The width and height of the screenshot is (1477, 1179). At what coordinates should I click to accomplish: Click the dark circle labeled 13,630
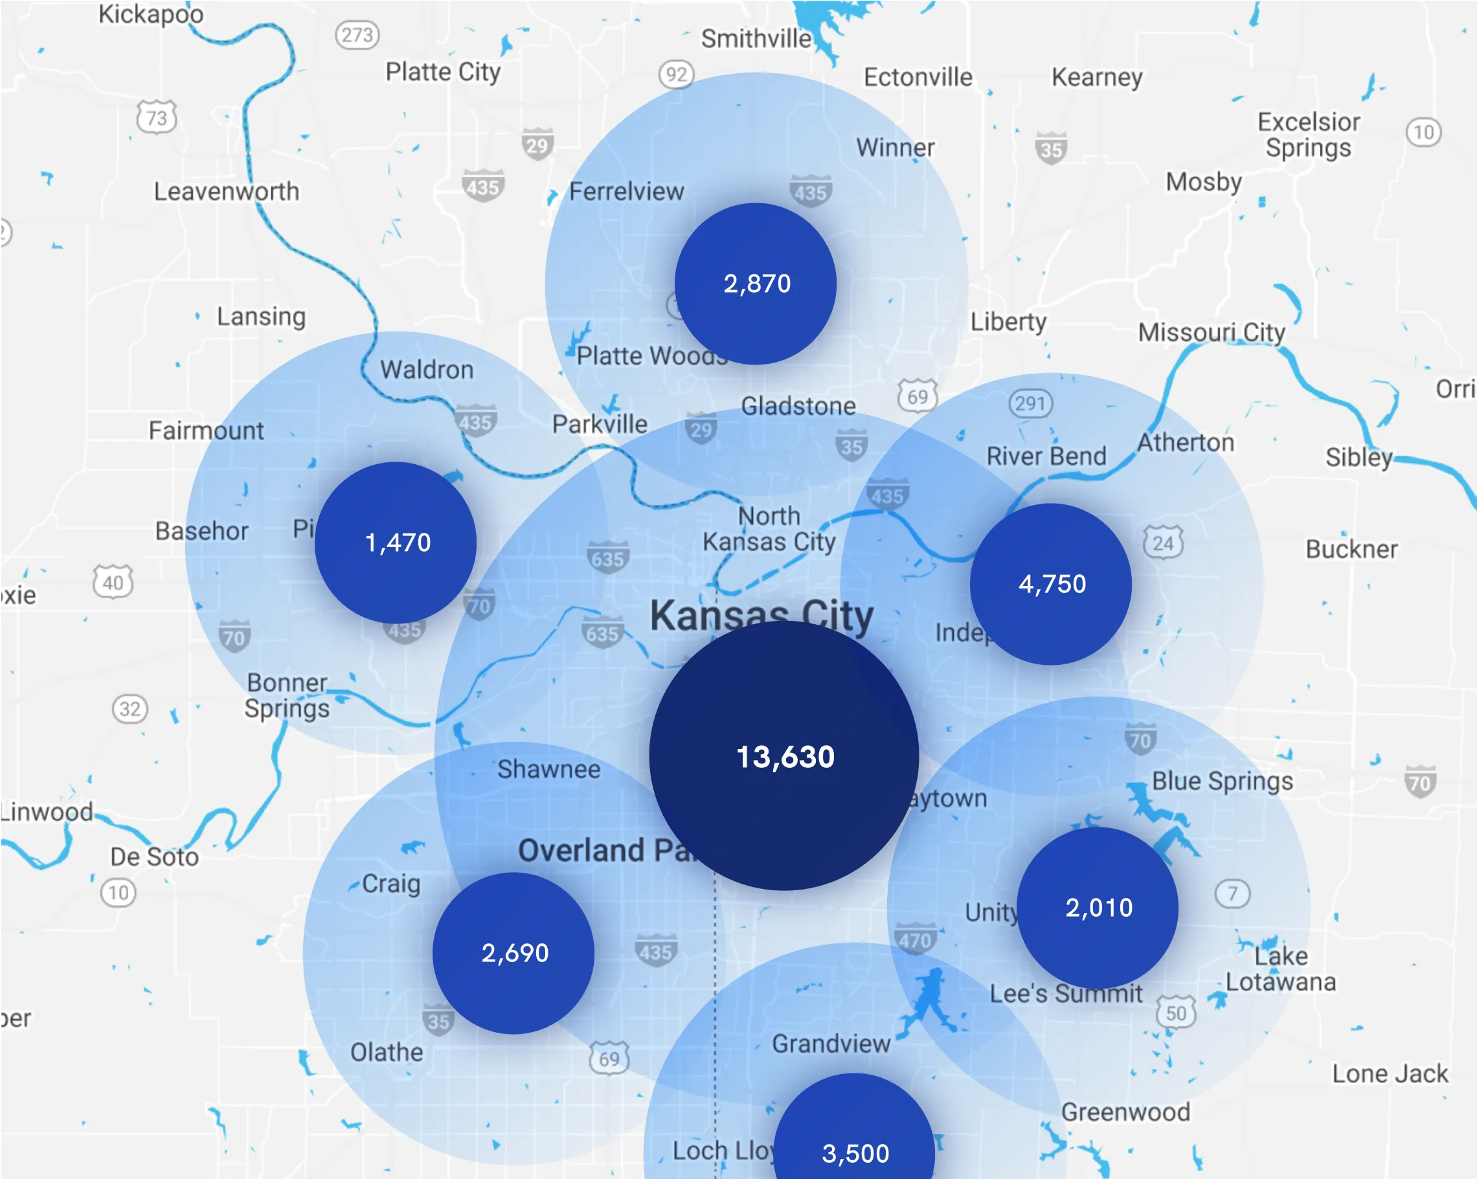(x=784, y=755)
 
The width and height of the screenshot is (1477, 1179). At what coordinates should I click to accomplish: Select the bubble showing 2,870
(x=756, y=284)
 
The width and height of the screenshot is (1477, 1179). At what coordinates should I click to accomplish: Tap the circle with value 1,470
(x=396, y=543)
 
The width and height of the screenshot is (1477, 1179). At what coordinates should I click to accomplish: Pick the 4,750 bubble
(x=1051, y=584)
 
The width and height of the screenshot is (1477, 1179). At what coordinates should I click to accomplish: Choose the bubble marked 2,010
(x=1098, y=907)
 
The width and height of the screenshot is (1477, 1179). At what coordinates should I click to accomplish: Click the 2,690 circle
(x=513, y=952)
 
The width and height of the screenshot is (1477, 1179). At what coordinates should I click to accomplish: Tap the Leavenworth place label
(x=226, y=191)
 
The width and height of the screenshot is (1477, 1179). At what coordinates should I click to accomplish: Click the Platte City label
(x=442, y=72)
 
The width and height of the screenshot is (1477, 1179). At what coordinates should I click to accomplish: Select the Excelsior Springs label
(x=1309, y=135)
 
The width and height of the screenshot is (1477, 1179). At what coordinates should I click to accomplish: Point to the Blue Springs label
(x=1222, y=781)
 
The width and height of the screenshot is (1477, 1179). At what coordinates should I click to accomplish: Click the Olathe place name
(x=387, y=1051)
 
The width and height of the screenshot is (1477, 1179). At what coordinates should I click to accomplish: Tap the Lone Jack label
(x=1390, y=1073)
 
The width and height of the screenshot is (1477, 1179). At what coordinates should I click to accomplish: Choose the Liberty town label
(x=1008, y=322)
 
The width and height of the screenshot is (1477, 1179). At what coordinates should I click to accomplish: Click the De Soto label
(x=155, y=857)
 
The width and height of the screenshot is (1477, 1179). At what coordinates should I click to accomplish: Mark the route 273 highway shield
(x=357, y=35)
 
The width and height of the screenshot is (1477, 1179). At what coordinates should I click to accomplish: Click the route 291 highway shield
(x=1030, y=403)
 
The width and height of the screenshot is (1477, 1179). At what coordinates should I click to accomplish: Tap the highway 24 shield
(x=1162, y=543)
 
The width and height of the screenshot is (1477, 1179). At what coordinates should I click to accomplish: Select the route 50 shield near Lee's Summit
(x=1175, y=1013)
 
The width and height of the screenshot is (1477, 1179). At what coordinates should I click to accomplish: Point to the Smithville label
(x=756, y=39)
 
